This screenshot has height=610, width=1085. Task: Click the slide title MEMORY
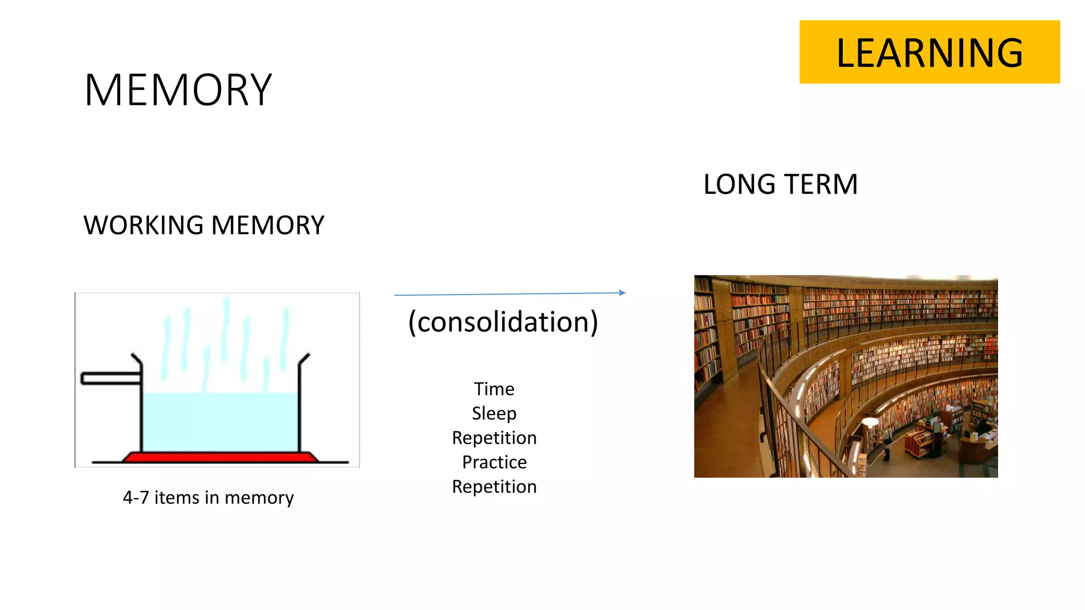coord(178,91)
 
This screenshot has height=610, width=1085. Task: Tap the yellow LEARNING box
coord(929,52)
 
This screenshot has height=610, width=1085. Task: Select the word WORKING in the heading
coord(143,226)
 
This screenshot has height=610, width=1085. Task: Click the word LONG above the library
coord(739,185)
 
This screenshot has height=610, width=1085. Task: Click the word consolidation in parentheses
coord(503,322)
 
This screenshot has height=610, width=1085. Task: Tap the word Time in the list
coord(494,389)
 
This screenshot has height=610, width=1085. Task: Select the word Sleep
coord(494,414)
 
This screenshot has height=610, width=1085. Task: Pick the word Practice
coord(494,462)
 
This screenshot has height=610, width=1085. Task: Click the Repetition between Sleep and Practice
coord(494,438)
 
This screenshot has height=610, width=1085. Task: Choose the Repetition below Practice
coord(494,487)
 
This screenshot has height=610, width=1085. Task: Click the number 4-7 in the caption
coord(136,498)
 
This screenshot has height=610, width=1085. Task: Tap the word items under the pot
coord(176,498)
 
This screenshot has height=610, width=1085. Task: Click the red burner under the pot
coord(220,457)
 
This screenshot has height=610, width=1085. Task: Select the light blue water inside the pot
coord(220,421)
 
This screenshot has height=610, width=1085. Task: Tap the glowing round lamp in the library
coord(870,422)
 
